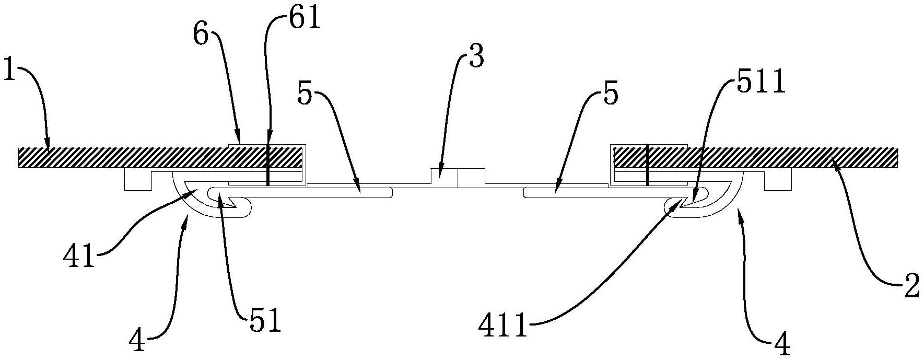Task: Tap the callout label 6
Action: click(201, 38)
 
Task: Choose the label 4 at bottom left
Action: click(137, 342)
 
